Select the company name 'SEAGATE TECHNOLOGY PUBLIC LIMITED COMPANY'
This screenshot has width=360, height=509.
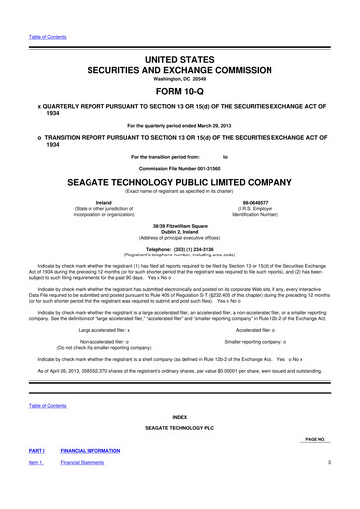179,182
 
